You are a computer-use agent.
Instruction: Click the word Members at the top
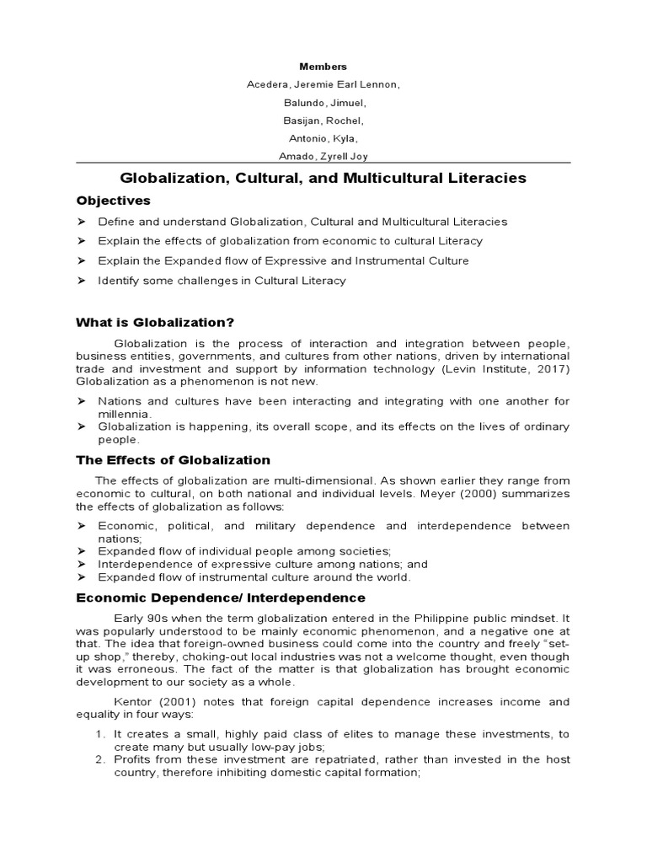click(x=323, y=66)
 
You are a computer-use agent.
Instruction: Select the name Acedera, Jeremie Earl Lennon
click(x=323, y=84)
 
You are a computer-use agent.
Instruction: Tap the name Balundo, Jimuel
click(x=323, y=103)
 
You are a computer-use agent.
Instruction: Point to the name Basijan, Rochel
click(x=323, y=121)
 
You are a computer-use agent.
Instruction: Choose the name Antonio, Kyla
click(x=323, y=138)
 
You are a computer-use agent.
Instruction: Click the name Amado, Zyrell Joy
click(x=323, y=157)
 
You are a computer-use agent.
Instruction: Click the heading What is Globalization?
click(x=155, y=321)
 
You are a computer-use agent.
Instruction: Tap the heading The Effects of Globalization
click(x=173, y=460)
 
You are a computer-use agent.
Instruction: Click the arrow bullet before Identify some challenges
click(x=82, y=281)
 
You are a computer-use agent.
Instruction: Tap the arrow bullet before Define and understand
click(x=82, y=222)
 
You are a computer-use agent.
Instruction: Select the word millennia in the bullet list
click(x=125, y=415)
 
